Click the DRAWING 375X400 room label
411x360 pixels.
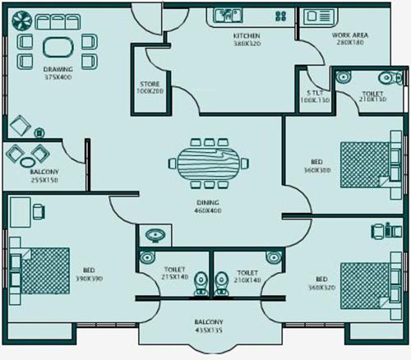coord(58,73)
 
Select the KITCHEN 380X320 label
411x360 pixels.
coord(247,40)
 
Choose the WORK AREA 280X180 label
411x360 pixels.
coord(349,40)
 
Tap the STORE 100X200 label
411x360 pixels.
coord(149,86)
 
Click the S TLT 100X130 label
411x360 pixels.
coord(316,98)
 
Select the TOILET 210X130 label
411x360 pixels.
coord(372,98)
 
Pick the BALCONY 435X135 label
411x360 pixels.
coord(209,328)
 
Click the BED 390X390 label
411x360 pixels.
coord(88,275)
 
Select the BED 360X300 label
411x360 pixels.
coord(318,168)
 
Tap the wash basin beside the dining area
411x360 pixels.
coord(152,235)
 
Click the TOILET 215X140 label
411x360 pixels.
coord(174,274)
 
